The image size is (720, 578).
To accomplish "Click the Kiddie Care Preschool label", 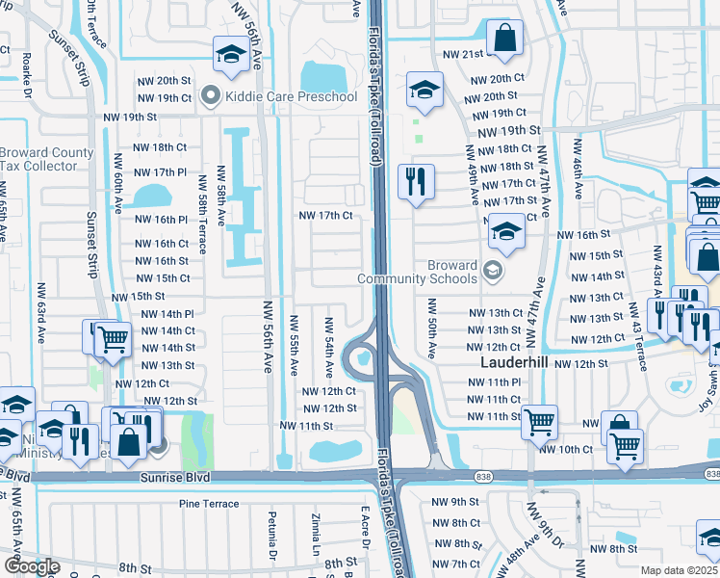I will click(x=278, y=96).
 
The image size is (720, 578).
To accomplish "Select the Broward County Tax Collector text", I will click(x=46, y=160).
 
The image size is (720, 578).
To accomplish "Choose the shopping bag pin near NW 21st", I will click(x=504, y=39).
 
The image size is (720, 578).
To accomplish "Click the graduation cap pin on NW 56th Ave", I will click(x=230, y=57).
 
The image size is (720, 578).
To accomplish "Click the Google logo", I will click(x=32, y=565).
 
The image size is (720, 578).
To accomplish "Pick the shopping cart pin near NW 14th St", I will click(x=113, y=338).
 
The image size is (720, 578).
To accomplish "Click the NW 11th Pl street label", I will click(x=494, y=382).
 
